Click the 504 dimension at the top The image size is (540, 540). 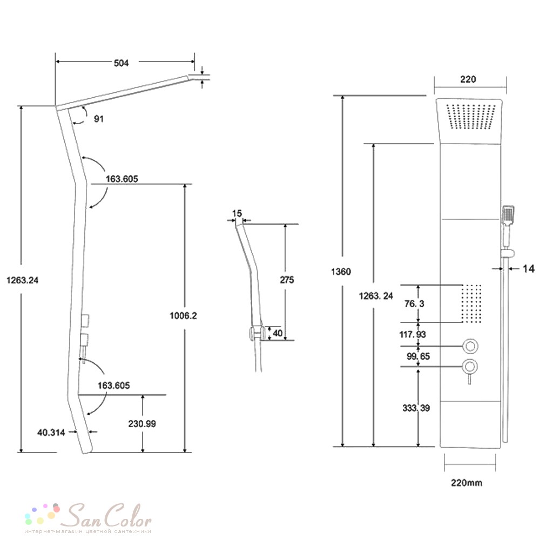click(x=121, y=63)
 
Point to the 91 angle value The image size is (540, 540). click(x=99, y=119)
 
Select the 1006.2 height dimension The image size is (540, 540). click(x=183, y=315)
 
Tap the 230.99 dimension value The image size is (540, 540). click(x=142, y=423)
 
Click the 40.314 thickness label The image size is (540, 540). click(x=51, y=433)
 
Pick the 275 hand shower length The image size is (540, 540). click(x=287, y=280)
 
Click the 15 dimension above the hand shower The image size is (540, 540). click(x=237, y=213)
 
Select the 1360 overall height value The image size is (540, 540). click(x=341, y=272)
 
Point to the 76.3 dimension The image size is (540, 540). click(x=414, y=303)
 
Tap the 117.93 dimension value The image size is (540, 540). click(x=413, y=334)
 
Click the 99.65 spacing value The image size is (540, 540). click(x=418, y=356)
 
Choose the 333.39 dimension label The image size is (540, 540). click(x=416, y=408)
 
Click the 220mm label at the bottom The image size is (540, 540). click(x=467, y=483)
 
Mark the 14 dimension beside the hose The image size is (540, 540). click(x=529, y=268)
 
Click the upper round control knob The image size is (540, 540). click(x=470, y=346)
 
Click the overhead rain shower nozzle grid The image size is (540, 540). click(x=471, y=117)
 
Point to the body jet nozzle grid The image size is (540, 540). click(x=471, y=303)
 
